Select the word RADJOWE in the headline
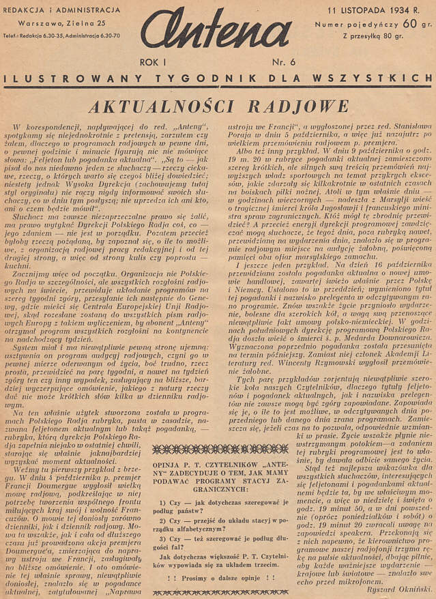300,106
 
